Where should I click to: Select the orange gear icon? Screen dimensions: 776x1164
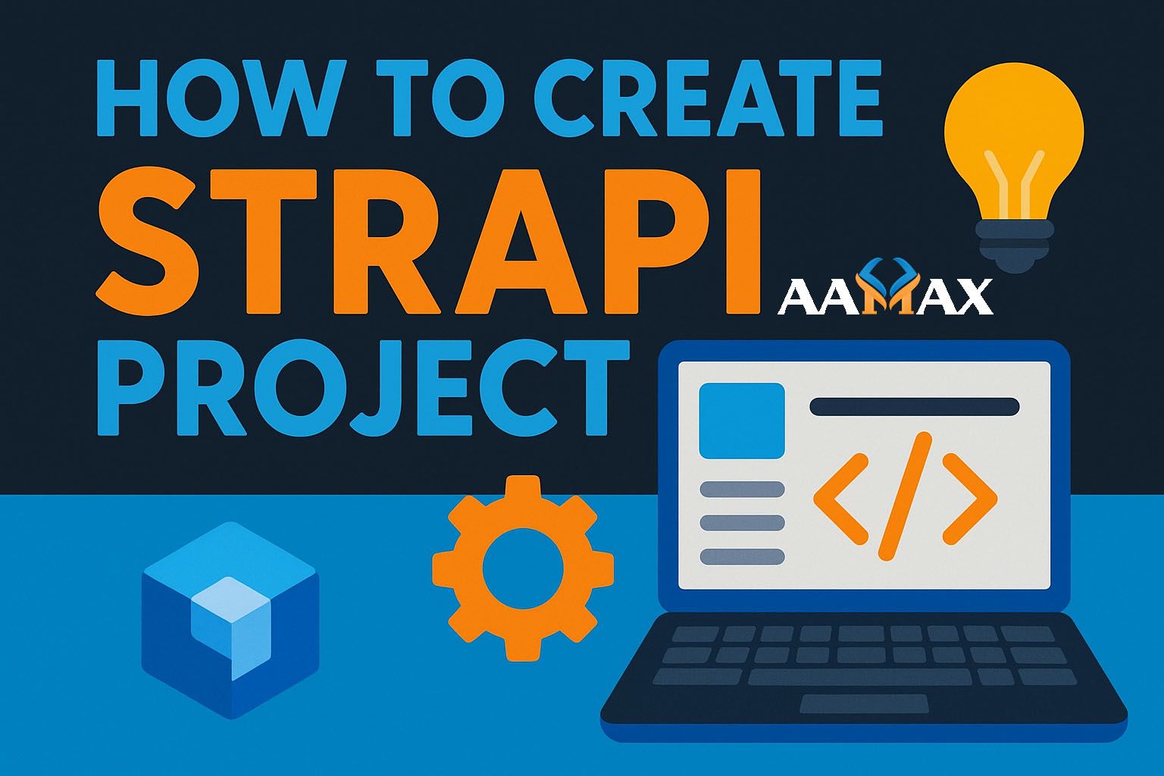point(523,567)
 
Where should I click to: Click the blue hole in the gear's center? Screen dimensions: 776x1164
point(523,567)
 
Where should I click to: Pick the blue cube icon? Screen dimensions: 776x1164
point(230,619)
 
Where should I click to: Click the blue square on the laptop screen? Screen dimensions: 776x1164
point(741,420)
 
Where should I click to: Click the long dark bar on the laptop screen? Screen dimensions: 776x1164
point(914,406)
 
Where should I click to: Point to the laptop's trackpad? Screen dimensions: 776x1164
point(865,704)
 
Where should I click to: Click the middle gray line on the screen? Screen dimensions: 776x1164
point(742,523)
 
